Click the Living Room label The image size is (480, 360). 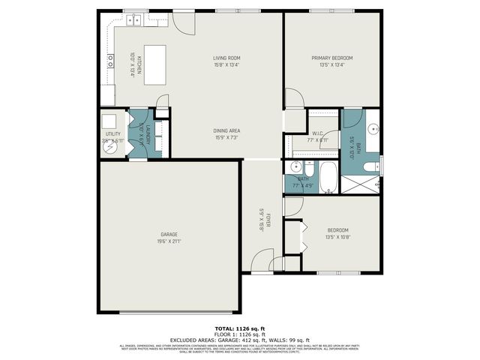pos(226,58)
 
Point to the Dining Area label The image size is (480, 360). pos(226,130)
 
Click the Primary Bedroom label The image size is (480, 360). pos(332,58)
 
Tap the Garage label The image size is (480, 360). pos(168,235)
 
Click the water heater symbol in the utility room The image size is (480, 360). pos(109,148)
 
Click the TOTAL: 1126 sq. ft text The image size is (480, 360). pos(239,328)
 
